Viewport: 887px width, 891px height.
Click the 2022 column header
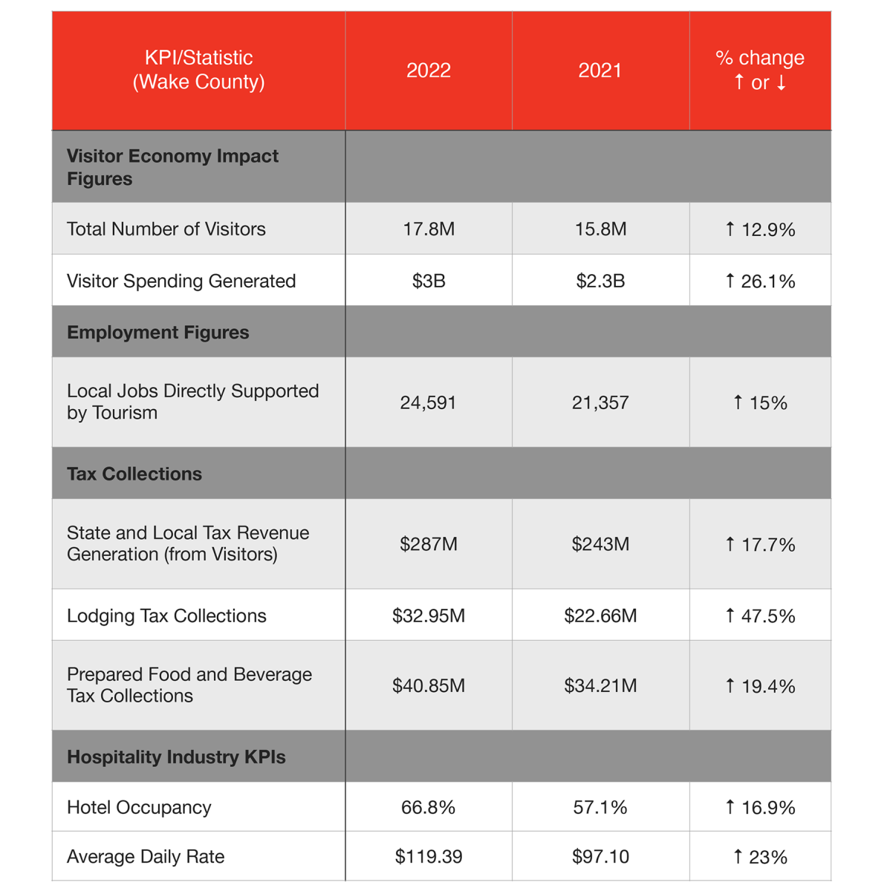tap(429, 71)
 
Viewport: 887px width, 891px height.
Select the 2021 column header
tap(600, 71)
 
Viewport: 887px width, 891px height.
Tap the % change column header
tap(760, 70)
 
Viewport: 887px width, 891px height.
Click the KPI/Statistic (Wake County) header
tap(198, 70)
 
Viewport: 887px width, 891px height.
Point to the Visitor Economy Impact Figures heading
tap(172, 167)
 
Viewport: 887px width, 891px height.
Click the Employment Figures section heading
tap(158, 332)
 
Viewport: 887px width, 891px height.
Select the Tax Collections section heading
tap(134, 474)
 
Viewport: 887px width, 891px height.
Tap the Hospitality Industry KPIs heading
tap(176, 757)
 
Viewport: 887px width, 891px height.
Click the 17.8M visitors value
tap(429, 229)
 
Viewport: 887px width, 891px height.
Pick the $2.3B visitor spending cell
tap(600, 281)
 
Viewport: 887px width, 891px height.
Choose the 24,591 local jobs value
tap(429, 403)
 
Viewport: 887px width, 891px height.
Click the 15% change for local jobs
tap(760, 403)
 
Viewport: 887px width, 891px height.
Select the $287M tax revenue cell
tap(429, 544)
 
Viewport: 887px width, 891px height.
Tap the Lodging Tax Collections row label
tap(166, 616)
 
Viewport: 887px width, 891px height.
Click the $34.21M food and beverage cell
tap(600, 685)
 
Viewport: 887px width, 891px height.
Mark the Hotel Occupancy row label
tap(139, 807)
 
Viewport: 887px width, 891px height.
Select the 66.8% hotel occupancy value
tap(429, 807)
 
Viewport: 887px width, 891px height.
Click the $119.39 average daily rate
tap(429, 857)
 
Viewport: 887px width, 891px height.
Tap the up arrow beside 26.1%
tap(730, 281)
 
